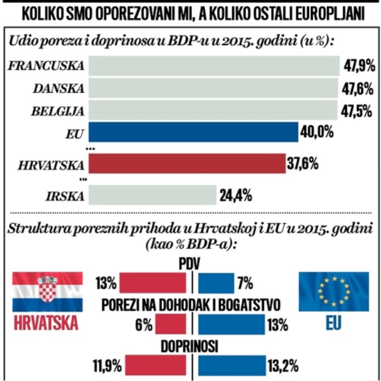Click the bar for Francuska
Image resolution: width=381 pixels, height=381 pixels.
[213, 66]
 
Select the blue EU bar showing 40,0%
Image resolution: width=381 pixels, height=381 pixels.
[193, 132]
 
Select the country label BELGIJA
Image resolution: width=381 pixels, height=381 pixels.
[58, 111]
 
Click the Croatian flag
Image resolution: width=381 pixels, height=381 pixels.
[47, 292]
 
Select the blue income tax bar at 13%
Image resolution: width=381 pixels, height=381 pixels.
[231, 324]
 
